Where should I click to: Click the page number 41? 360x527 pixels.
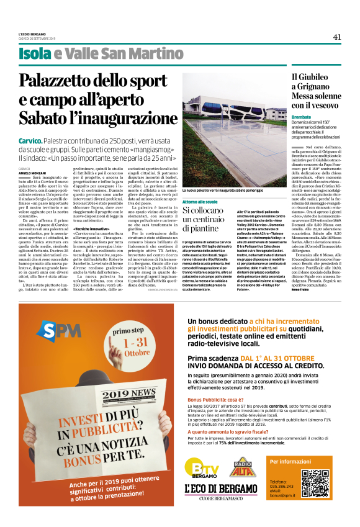[337, 37]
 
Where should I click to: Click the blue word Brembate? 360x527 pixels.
[301, 117]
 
